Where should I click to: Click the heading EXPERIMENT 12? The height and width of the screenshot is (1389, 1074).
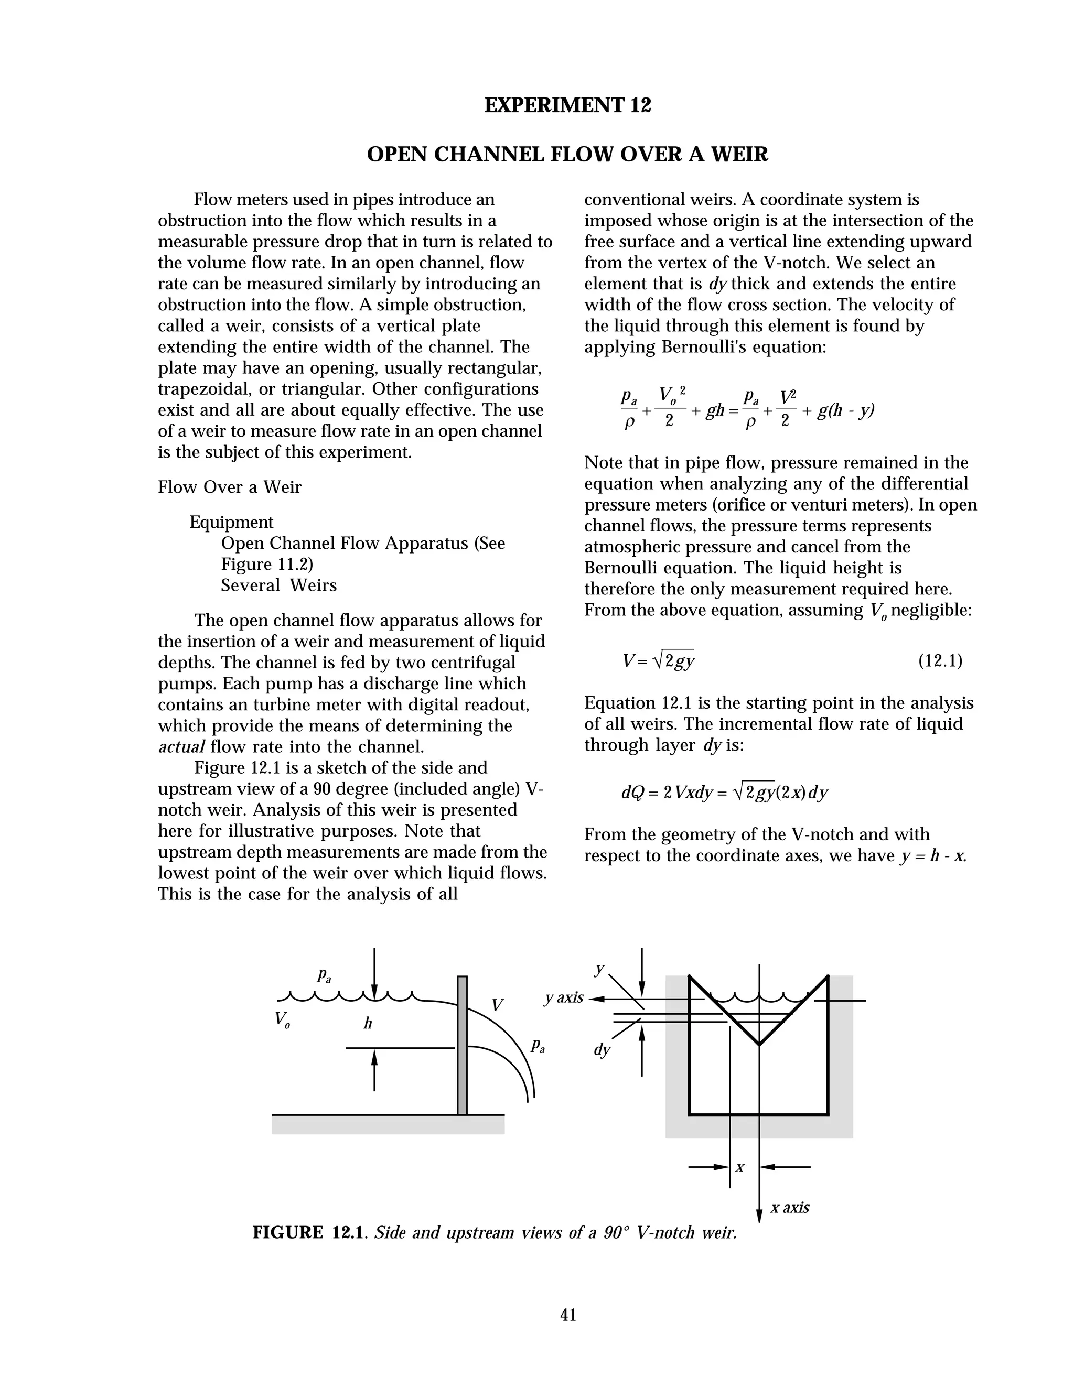[x=567, y=105]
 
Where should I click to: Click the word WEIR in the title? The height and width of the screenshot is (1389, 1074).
[x=734, y=154]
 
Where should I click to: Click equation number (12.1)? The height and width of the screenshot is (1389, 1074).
[x=940, y=661]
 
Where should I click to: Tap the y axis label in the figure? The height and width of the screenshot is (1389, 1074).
[x=564, y=997]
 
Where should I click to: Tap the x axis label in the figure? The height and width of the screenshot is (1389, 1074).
[x=790, y=1207]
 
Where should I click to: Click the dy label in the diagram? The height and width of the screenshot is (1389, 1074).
[x=602, y=1049]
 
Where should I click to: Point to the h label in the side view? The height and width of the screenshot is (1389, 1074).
[x=368, y=1023]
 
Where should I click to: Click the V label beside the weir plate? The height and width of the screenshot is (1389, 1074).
[x=497, y=1005]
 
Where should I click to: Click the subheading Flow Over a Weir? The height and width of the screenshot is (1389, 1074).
[x=230, y=487]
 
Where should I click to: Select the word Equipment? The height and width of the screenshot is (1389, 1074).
[x=232, y=522]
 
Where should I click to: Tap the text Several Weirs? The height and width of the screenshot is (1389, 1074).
[x=278, y=585]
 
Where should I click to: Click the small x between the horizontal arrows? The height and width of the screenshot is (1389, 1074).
[x=740, y=1168]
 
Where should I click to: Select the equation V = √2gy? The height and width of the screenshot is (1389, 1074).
[x=659, y=661]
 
